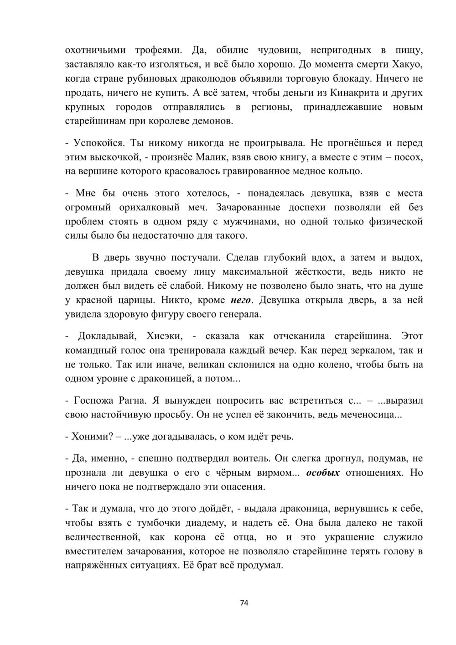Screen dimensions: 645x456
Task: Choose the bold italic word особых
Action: click(323, 473)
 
